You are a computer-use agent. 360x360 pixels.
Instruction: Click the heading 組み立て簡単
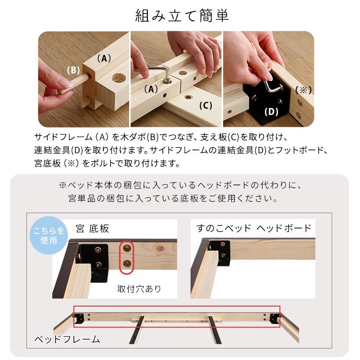[182, 15]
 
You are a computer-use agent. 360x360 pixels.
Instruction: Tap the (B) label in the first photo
[73, 70]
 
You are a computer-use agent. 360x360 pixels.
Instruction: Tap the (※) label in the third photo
[303, 90]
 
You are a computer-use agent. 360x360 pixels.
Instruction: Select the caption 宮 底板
[92, 228]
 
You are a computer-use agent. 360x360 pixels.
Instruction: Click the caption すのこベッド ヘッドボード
[253, 228]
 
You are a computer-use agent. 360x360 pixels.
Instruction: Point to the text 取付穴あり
[139, 288]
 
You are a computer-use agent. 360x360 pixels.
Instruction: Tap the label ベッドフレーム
[67, 339]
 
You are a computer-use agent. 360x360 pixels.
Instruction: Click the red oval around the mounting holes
[126, 257]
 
